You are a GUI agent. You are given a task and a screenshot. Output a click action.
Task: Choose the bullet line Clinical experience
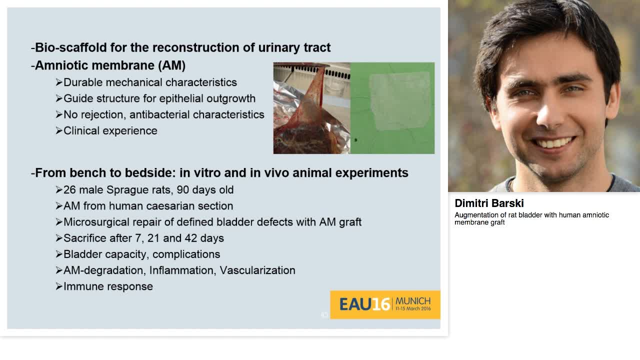coord(110,130)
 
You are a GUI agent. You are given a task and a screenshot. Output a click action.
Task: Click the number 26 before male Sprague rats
coord(70,190)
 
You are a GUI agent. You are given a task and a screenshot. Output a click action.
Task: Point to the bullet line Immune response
coord(108,286)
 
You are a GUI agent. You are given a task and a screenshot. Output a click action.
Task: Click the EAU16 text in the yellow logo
coord(364,304)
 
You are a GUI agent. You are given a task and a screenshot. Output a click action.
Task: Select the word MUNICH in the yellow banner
coord(413,301)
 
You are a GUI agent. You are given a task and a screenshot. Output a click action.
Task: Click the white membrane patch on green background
coord(399,100)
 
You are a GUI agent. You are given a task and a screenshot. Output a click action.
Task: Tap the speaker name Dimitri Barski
coord(489,203)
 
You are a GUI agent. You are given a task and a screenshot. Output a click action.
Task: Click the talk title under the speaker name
coord(531,218)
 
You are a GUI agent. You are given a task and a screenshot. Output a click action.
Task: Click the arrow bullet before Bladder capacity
coord(59,254)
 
